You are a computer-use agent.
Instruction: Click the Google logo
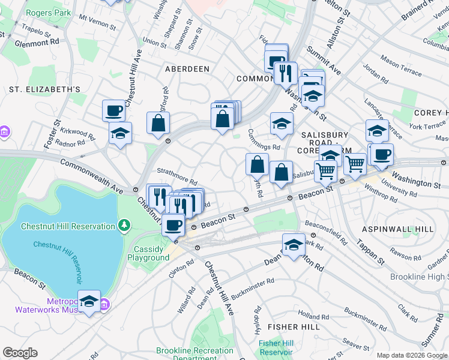(20, 353)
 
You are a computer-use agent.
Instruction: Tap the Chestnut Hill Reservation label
(68, 226)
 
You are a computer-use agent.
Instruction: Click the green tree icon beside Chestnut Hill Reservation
(124, 226)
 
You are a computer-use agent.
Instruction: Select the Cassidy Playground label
(148, 253)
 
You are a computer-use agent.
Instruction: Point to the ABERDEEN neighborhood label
(187, 69)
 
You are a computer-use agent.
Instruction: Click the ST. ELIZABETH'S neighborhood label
(44, 89)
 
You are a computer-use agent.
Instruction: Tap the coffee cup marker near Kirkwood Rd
(113, 110)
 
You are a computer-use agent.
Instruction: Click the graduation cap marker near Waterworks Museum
(89, 302)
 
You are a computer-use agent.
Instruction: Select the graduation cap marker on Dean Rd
(293, 245)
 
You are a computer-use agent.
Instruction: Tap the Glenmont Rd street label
(37, 43)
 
